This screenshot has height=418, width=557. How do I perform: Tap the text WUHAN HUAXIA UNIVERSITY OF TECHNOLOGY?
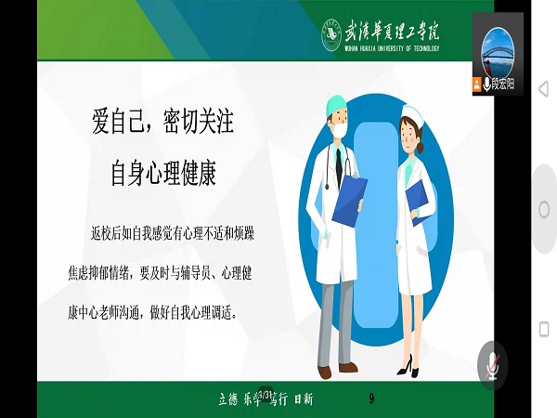click(x=392, y=49)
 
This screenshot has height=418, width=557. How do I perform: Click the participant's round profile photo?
click(x=499, y=48)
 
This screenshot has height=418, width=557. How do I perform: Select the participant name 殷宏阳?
click(x=502, y=85)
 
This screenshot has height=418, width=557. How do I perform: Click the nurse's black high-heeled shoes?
click(x=408, y=367)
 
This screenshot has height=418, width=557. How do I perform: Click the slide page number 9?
click(x=371, y=398)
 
